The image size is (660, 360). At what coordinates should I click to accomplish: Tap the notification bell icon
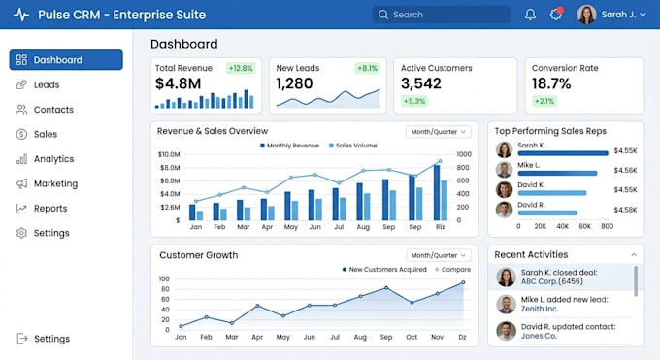click(x=530, y=15)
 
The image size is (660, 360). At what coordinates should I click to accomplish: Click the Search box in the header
click(x=442, y=15)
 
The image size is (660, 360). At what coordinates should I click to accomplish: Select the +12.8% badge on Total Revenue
click(x=241, y=68)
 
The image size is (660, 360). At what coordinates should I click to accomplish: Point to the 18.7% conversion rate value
click(x=551, y=83)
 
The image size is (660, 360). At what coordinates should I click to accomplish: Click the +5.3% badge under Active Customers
click(x=414, y=101)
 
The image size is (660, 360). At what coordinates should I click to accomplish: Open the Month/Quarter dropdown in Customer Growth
click(x=438, y=255)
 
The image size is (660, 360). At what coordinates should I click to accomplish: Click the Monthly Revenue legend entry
click(x=289, y=146)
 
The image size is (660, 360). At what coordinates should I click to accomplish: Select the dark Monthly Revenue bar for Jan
click(x=192, y=213)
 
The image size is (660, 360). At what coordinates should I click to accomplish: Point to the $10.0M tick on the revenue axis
click(x=169, y=154)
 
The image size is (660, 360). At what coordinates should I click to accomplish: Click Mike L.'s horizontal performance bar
click(x=557, y=173)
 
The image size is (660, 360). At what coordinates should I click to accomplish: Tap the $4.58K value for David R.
click(x=625, y=210)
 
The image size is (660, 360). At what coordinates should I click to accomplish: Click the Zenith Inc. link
click(x=540, y=309)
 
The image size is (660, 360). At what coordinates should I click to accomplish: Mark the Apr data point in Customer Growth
click(x=257, y=306)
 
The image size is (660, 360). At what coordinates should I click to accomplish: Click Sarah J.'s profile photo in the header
click(x=586, y=15)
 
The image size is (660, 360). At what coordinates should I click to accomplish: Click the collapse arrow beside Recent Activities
click(x=634, y=255)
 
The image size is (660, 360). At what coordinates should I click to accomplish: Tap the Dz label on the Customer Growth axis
click(x=462, y=337)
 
